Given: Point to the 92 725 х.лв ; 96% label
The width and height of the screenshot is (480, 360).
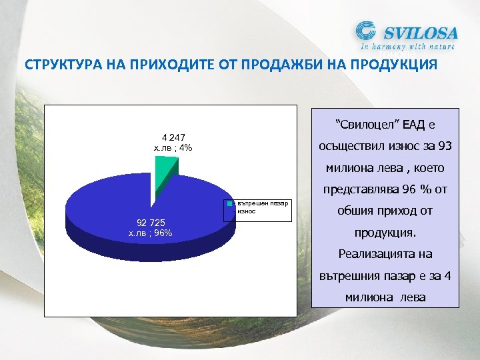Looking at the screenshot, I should click(x=151, y=227).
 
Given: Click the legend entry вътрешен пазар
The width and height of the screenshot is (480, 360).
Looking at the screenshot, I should click(x=263, y=203).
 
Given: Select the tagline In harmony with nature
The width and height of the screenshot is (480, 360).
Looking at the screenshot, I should click(x=408, y=47).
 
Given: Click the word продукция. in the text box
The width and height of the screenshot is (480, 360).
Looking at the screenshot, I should click(x=385, y=233).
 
